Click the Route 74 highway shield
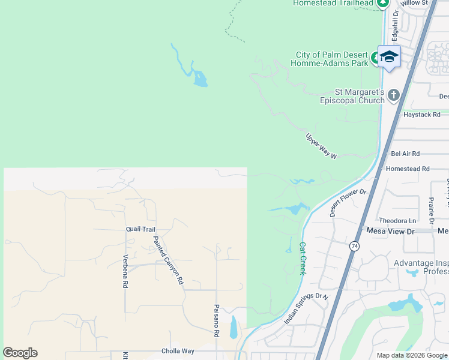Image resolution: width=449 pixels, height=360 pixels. click(x=355, y=247)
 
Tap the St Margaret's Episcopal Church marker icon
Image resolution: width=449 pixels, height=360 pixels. click(x=393, y=95)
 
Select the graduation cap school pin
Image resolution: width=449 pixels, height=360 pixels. click(x=389, y=56)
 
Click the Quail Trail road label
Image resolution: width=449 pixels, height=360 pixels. click(x=140, y=229)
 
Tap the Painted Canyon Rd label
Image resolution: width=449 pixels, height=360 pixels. click(x=167, y=260)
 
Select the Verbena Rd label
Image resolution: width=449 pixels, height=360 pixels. click(x=126, y=274)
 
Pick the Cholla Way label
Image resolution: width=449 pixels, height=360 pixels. click(x=178, y=351)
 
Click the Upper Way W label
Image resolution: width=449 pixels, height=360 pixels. click(x=322, y=146)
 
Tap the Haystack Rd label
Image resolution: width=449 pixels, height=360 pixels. click(x=421, y=114)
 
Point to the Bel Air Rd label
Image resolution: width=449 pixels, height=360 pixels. click(x=405, y=154)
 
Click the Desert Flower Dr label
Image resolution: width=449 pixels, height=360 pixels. click(x=348, y=202)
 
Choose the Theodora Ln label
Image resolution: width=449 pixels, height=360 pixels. click(x=397, y=221)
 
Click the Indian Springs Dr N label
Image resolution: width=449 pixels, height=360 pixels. click(x=307, y=309)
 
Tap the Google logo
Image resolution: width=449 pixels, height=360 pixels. click(x=20, y=353)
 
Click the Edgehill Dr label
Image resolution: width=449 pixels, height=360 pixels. click(x=395, y=26)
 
